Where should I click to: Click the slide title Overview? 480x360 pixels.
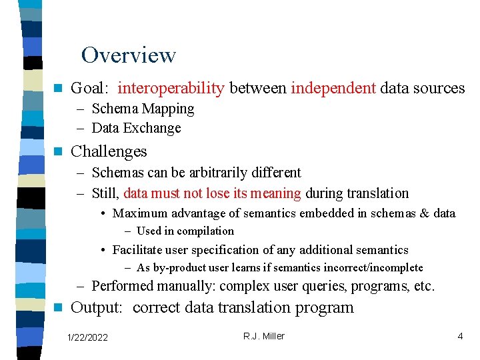(128, 55)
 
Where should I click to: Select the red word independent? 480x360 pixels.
(333, 88)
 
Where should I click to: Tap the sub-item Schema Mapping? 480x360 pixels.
(143, 109)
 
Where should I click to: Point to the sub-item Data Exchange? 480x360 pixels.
(136, 128)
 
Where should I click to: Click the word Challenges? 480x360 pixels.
(109, 151)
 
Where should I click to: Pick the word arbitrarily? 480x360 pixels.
(205, 173)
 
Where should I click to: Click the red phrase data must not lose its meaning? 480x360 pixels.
(213, 193)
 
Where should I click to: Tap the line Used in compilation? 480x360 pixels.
(185, 231)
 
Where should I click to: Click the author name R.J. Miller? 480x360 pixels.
(263, 336)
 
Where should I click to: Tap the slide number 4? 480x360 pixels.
(460, 337)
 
